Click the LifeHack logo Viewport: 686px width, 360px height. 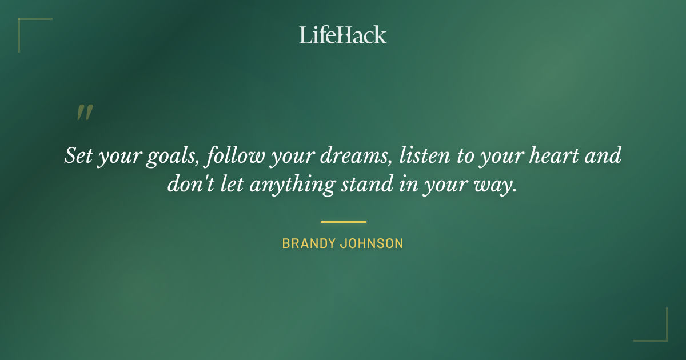[x=342, y=35]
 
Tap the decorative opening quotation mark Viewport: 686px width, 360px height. [x=84, y=113]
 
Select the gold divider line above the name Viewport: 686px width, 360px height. [x=343, y=222]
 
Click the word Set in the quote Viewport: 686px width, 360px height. [x=78, y=156]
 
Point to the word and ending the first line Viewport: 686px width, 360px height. [x=603, y=156]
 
